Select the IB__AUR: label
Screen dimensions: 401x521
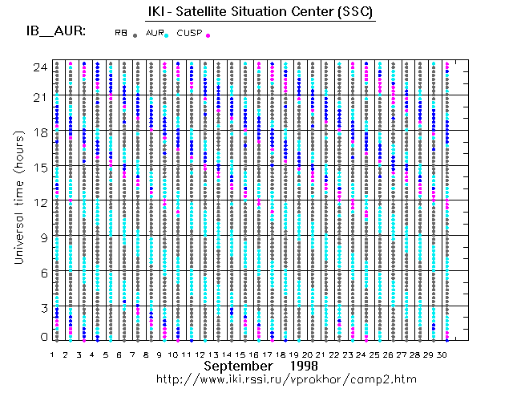point(57,33)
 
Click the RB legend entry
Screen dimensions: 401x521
point(120,33)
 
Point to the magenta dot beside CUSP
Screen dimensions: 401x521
point(208,36)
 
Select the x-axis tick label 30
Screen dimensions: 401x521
point(442,354)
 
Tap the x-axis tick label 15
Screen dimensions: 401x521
point(240,354)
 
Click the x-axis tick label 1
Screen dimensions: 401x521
point(52,354)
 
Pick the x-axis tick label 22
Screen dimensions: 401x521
point(334,354)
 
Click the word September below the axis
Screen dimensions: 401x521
point(238,366)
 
